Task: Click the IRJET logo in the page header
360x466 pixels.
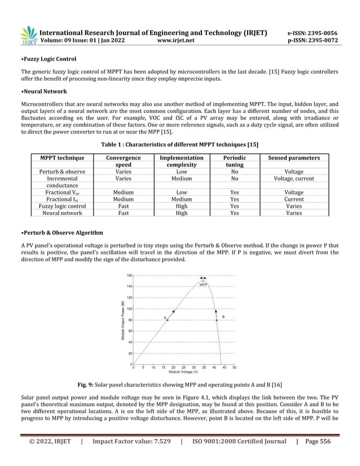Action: [29, 36]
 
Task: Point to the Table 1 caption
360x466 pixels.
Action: [179, 144]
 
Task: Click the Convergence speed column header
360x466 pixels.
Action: [123, 161]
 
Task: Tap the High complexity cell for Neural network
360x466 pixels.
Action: [181, 213]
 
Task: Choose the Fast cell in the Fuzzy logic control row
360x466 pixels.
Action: [123, 206]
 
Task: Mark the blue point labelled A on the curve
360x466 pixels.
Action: [168, 320]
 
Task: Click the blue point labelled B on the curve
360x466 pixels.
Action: [216, 320]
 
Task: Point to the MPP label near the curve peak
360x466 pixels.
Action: [203, 285]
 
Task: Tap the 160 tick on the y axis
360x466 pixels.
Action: [129, 275]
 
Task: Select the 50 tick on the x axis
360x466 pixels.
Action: [234, 367]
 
